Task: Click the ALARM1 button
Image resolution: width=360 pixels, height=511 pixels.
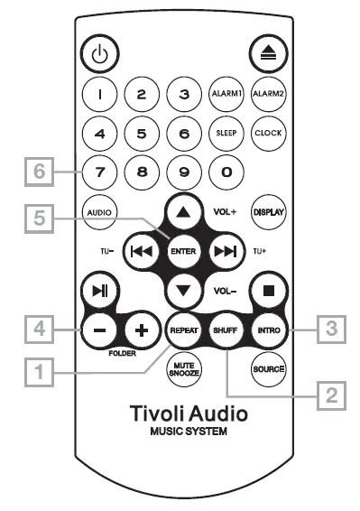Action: point(225,93)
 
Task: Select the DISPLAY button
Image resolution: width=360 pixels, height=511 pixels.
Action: point(267,212)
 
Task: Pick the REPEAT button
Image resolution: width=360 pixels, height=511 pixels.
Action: point(183,330)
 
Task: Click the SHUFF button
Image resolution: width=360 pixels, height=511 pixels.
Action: point(225,330)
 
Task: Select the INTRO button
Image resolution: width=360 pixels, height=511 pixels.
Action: point(267,330)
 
